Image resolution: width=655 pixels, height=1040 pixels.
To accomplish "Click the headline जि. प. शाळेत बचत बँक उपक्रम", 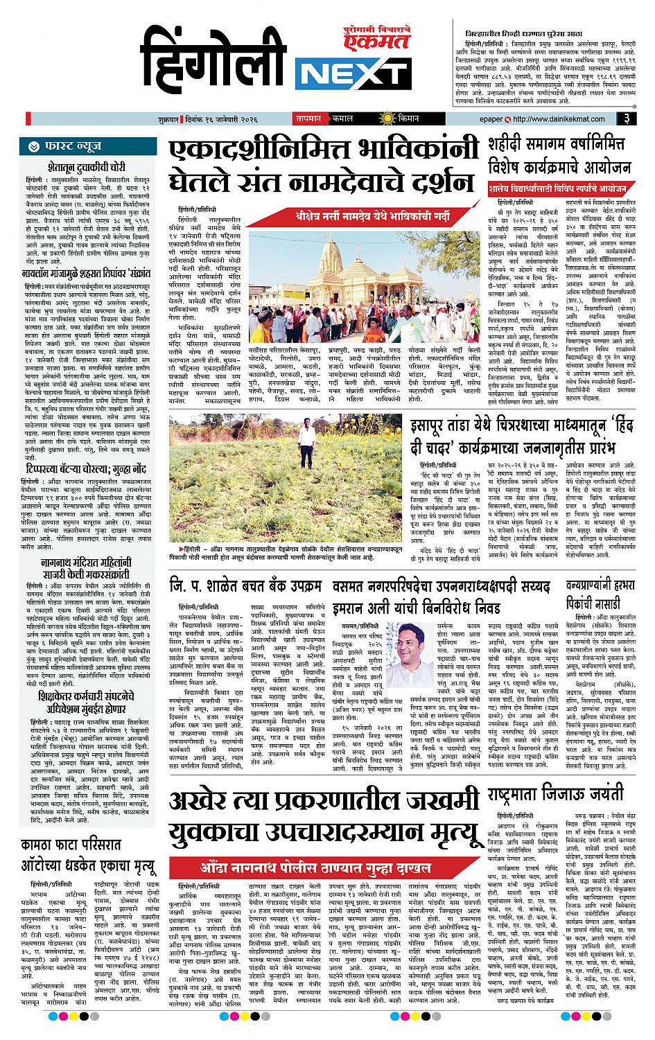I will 247,587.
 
